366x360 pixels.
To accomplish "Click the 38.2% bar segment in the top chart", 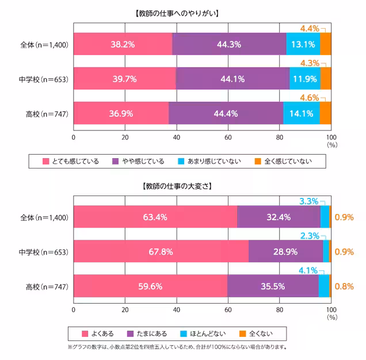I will [x=123, y=44].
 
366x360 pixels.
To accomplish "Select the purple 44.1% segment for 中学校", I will [x=232, y=79].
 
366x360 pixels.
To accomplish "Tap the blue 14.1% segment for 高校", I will [x=301, y=113].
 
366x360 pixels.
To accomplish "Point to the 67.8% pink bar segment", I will [x=161, y=252].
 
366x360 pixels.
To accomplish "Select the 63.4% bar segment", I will [x=155, y=217].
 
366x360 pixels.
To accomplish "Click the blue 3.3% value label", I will [x=309, y=201].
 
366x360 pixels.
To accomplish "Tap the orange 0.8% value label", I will [x=344, y=286].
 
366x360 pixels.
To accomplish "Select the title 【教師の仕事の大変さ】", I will [x=178, y=186].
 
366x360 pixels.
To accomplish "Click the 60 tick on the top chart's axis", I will [x=228, y=137].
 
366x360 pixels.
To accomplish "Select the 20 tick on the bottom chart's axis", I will [x=125, y=310].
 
